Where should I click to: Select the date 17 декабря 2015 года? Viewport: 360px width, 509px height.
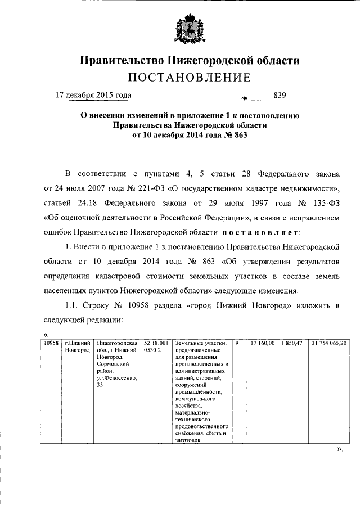coord(93,95)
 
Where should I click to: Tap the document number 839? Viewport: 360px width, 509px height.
coord(280,95)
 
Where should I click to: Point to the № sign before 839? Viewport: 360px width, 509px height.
coord(244,99)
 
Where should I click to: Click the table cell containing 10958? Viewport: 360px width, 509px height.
coord(52,343)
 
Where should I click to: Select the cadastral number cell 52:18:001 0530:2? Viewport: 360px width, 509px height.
coord(156,346)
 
